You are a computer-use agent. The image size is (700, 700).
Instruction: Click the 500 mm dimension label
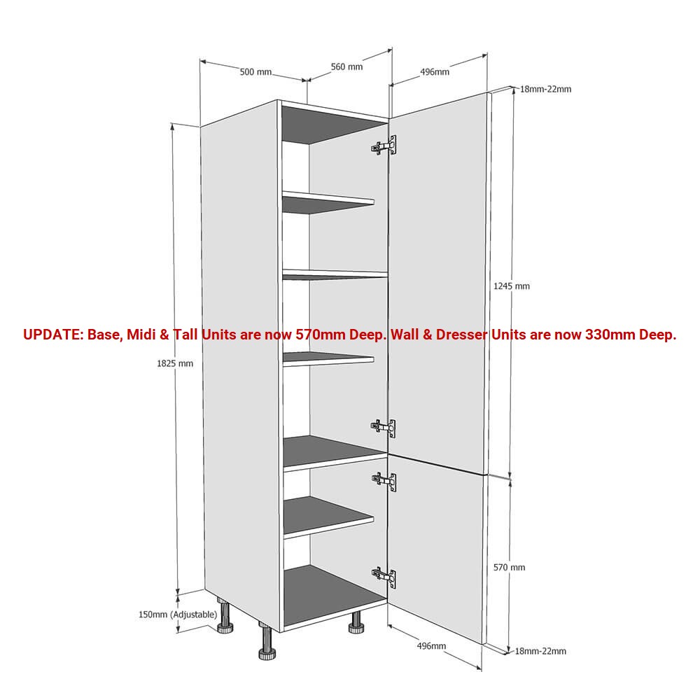point(255,71)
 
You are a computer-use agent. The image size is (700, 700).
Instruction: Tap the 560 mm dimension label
point(347,66)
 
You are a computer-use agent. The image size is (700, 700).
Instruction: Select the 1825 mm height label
point(175,363)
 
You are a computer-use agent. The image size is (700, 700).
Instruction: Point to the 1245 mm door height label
point(512,286)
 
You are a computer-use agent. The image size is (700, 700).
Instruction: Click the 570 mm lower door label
point(510,568)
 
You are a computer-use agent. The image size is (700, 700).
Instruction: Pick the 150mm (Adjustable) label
point(178,615)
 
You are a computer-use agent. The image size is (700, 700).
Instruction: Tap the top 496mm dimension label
point(435,71)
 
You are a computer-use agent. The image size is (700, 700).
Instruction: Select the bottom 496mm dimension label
point(431,645)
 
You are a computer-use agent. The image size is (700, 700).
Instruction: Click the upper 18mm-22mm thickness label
point(545,89)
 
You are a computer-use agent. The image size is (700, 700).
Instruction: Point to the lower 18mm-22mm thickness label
point(540,651)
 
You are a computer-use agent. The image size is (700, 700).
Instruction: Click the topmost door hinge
point(384,145)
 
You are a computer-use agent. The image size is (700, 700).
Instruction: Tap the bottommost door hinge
point(384,578)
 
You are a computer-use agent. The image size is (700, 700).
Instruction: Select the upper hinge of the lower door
point(384,481)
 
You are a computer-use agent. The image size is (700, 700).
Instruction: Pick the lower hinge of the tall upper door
point(384,428)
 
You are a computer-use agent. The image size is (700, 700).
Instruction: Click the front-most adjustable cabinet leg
point(267,641)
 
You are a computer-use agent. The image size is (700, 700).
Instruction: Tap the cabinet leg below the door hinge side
point(356,622)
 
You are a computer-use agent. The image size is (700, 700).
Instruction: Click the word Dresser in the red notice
point(461,335)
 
